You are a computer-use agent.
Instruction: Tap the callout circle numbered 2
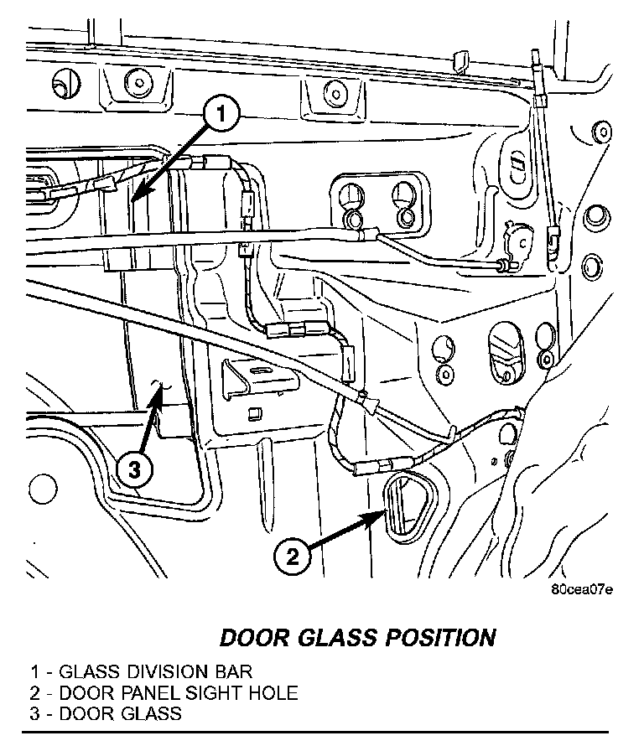[290, 556]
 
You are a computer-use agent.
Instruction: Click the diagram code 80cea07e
[581, 589]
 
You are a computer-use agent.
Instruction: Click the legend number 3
[35, 714]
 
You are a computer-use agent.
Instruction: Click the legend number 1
[35, 672]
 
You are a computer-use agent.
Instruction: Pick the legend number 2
[35, 693]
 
